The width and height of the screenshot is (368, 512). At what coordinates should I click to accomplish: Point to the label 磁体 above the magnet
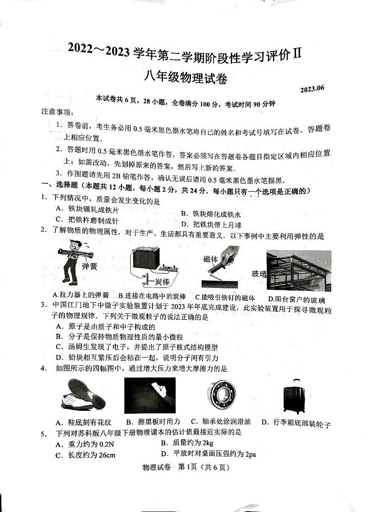click(x=210, y=259)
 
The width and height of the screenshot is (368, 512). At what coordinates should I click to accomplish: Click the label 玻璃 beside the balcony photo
click(x=259, y=273)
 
